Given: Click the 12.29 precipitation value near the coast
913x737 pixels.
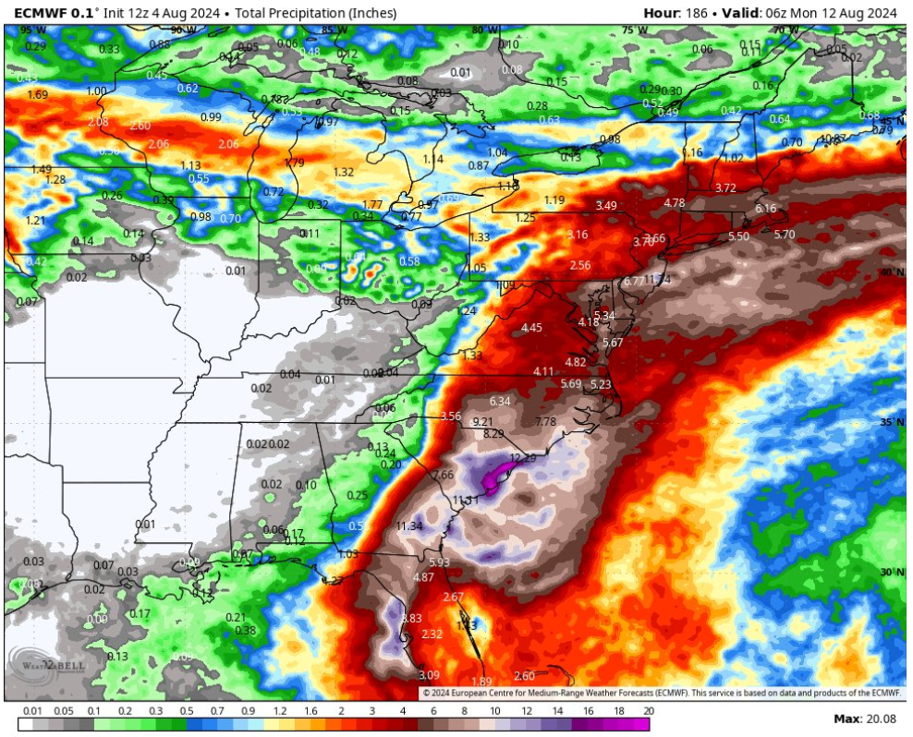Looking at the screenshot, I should coord(523,458).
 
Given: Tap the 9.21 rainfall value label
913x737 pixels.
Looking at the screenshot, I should coord(482,422).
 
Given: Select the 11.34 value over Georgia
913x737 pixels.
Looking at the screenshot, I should coord(408,526).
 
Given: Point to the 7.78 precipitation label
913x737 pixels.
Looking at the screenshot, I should coord(546,422).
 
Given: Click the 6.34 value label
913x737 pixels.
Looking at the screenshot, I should coord(500,401).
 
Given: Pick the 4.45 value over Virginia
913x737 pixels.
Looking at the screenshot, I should coord(531,328).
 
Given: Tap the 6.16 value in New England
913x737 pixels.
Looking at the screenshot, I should coord(766,209).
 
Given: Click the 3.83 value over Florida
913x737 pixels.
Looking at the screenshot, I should coord(410,619).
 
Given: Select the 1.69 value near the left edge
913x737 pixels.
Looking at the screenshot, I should coord(38,95).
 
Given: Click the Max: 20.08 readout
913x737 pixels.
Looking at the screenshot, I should coord(865,719).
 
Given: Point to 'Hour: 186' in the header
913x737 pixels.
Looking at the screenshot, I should coord(676,13).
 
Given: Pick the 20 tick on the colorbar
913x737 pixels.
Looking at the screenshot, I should coord(649,712).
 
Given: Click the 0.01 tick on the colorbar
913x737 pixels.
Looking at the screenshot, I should coord(33,712).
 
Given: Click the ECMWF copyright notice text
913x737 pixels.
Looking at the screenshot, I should coord(662,692).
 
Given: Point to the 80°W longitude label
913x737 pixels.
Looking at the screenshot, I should coord(481,30).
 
